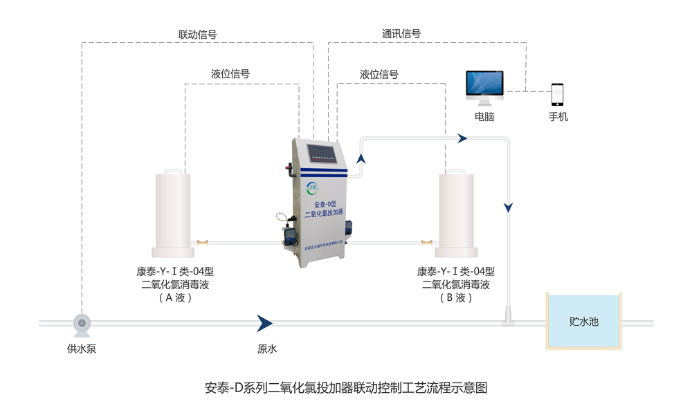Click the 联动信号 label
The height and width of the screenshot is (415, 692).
pos(198,34)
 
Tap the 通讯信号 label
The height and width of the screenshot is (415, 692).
pos(401,33)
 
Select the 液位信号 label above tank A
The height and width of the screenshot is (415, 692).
pos(230,74)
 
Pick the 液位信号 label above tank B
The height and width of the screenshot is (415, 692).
pos(379,74)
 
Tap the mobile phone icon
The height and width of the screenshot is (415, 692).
pos(557,95)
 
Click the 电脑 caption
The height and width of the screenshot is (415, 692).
pos(484,117)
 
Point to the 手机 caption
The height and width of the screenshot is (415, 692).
pos(558,117)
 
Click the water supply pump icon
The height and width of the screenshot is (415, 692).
pos(82,322)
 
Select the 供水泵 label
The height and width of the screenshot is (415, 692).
pos(82,349)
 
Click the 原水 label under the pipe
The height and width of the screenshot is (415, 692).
pos(267,349)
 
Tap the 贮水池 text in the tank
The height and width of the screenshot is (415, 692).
pos(583,322)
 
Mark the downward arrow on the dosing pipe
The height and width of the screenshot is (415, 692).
pos(509,207)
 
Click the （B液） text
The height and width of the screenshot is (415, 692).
pos(456,298)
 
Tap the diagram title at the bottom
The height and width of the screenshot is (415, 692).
pos(346,387)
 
